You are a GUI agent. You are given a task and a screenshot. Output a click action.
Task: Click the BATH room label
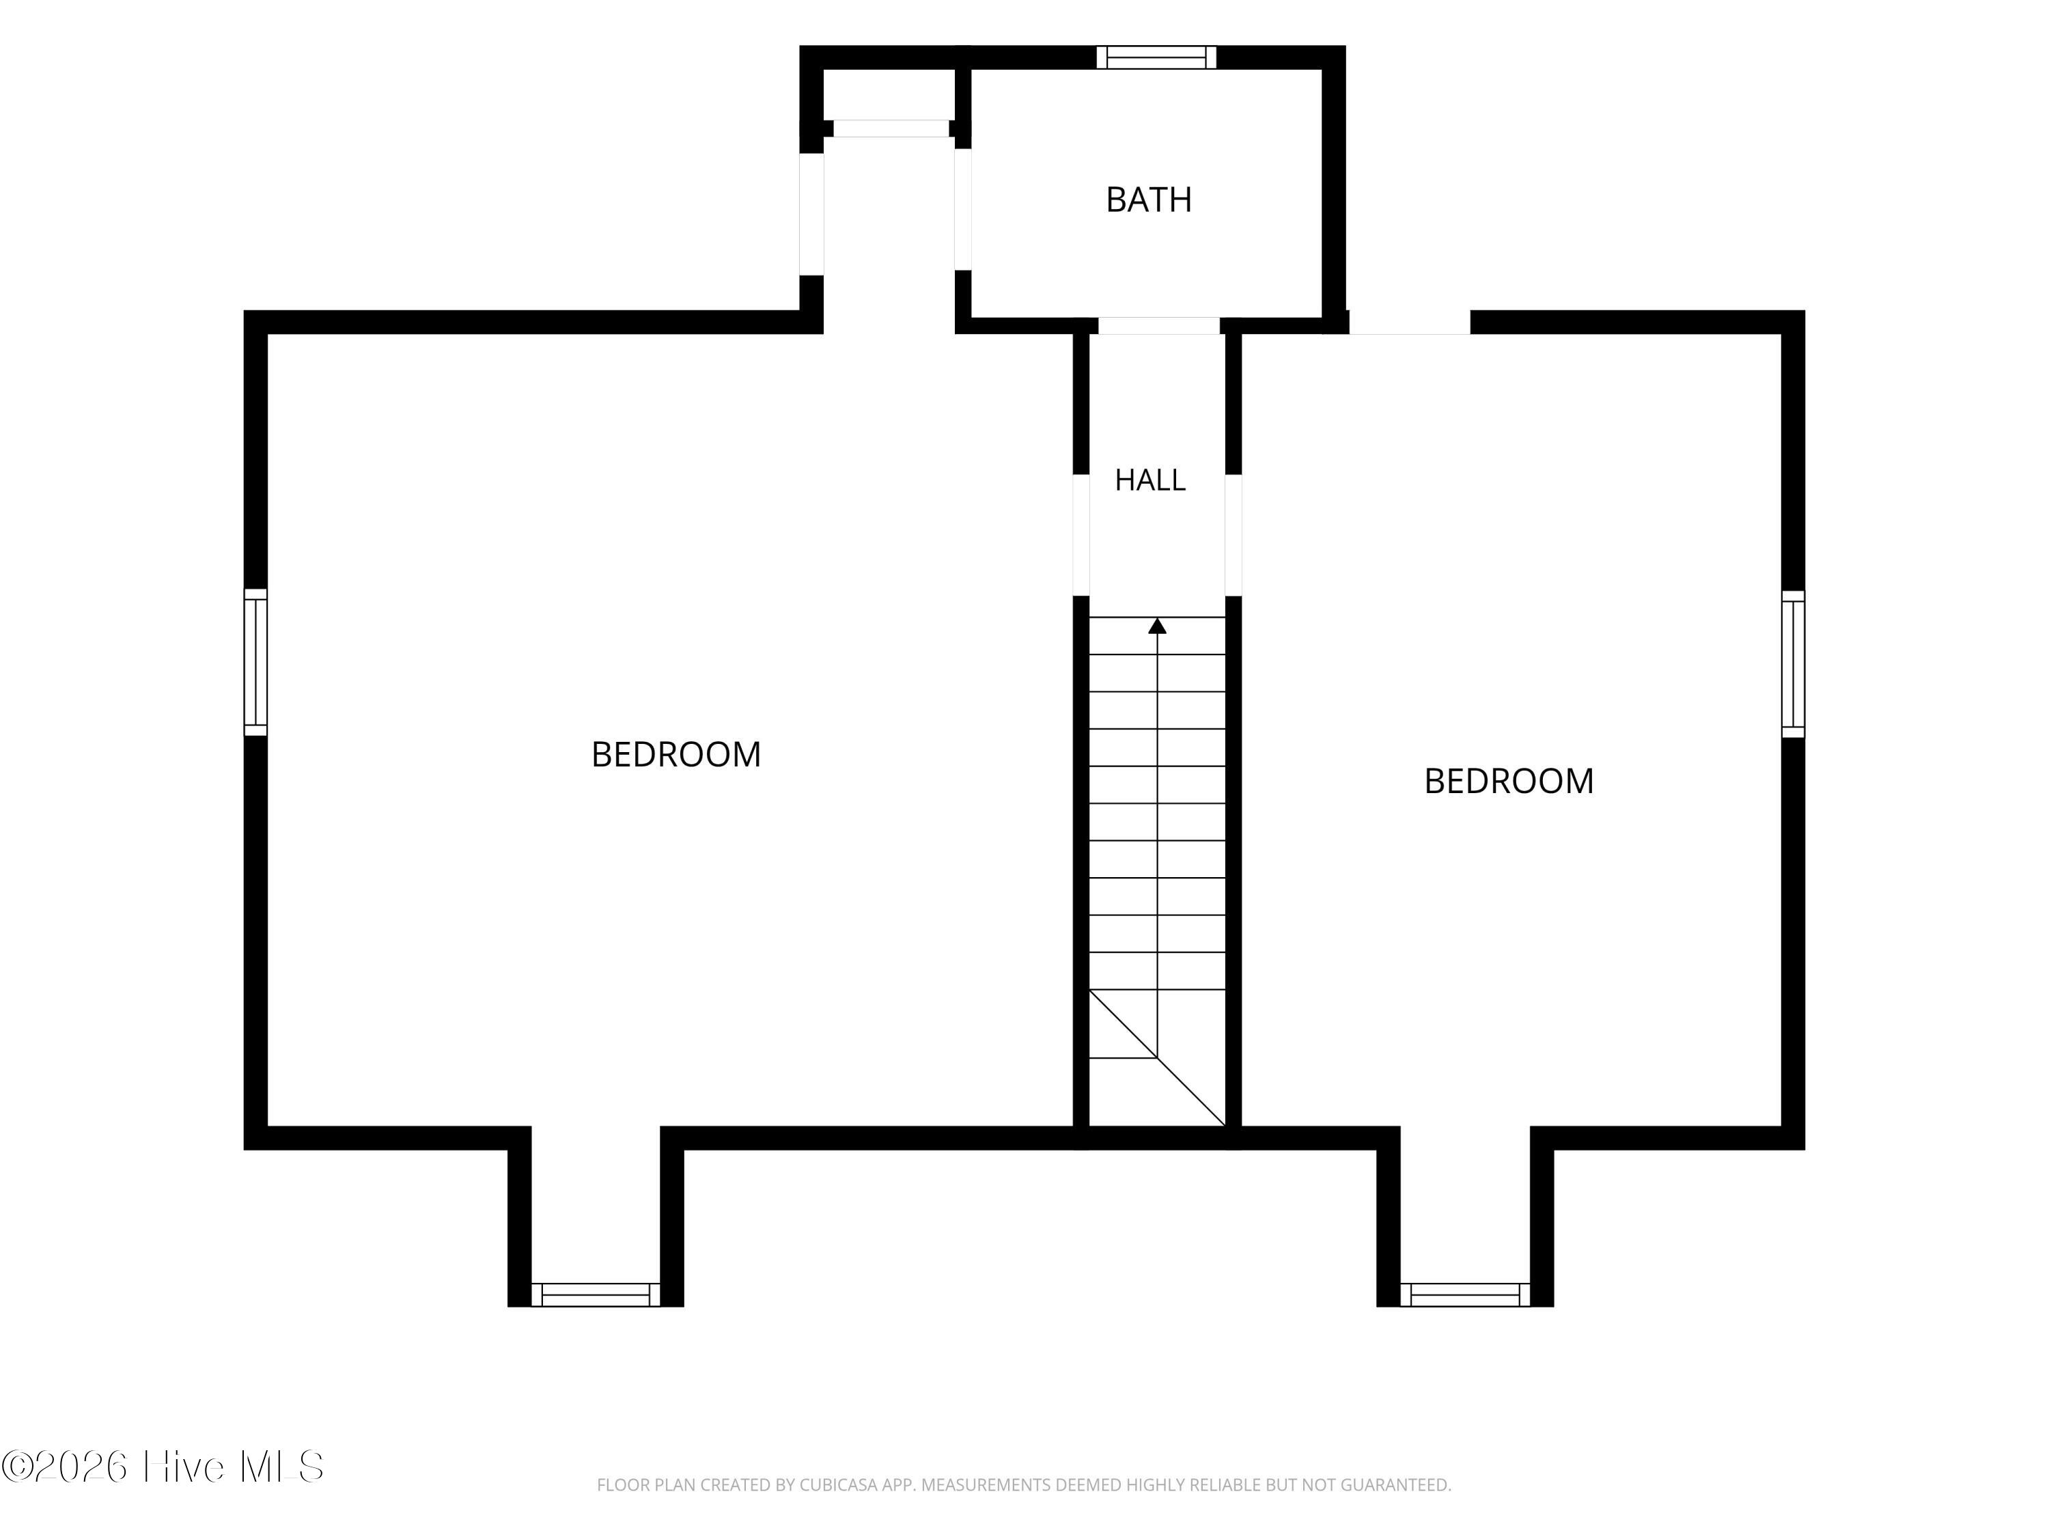[x=1149, y=199]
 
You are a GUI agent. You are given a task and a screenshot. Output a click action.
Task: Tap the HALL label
[x=1149, y=480]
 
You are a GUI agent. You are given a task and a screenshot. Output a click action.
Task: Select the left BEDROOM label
[x=676, y=754]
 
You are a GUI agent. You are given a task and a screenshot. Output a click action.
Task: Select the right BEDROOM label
[x=1509, y=781]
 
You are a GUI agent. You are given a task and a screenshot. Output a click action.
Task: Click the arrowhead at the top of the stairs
[x=1157, y=626]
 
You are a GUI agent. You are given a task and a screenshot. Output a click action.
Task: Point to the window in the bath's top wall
[x=1156, y=57]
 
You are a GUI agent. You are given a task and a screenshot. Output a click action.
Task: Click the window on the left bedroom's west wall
[x=255, y=663]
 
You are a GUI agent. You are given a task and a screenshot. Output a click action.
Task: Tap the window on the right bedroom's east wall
[x=1794, y=664]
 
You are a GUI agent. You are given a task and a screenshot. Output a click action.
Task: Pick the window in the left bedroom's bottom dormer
[x=596, y=1294]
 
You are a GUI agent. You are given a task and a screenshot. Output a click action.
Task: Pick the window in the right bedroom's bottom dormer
[x=1466, y=1294]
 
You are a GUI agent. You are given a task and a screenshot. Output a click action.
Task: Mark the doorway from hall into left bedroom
[x=1081, y=535]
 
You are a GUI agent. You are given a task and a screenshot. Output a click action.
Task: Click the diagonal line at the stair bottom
[x=1157, y=1058]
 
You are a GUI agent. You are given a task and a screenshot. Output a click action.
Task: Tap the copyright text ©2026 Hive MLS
[x=163, y=1467]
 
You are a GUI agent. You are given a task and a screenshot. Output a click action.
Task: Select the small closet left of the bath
[x=889, y=94]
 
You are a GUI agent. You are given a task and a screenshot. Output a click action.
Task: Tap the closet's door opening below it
[x=891, y=129]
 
